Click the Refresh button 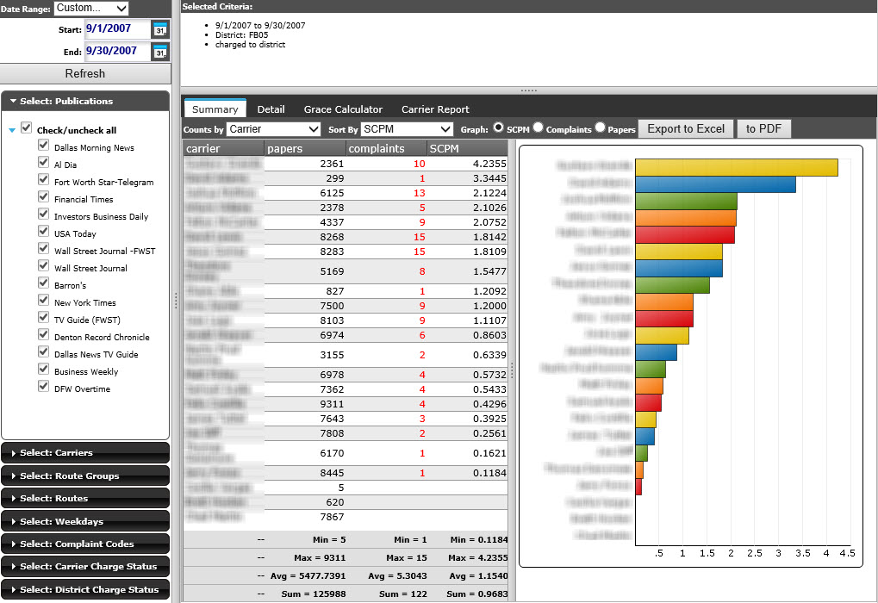pos(84,73)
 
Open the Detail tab pos(271,109)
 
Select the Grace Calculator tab pos(343,109)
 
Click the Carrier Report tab pos(435,109)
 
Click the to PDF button pos(763,129)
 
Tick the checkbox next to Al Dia pos(44,164)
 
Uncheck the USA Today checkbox pos(44,233)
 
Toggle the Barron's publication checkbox pos(44,284)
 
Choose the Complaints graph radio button pos(538,128)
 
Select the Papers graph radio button pos(601,128)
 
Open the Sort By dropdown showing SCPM pos(406,129)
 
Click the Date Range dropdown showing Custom pos(90,9)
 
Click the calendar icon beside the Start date pos(160,29)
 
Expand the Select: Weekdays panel pos(85,521)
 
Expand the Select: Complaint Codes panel pos(85,544)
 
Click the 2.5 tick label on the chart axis pos(755,553)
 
